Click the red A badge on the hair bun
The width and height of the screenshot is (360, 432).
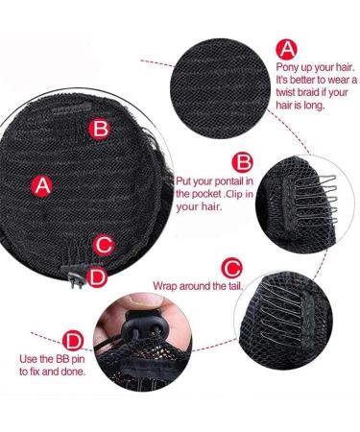pyautogui.click(x=41, y=186)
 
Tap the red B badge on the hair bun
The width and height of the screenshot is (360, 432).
pyautogui.click(x=99, y=128)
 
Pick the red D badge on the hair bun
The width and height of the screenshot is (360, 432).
pyautogui.click(x=97, y=276)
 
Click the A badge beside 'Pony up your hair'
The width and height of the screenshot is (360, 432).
pyautogui.click(x=286, y=49)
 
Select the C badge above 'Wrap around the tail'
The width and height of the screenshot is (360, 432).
pyautogui.click(x=231, y=266)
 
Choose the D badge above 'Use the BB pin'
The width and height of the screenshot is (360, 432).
pyautogui.click(x=73, y=341)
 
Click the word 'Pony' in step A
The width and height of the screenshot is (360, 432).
pyautogui.click(x=290, y=68)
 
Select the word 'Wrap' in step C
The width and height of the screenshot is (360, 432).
pyautogui.click(x=166, y=286)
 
